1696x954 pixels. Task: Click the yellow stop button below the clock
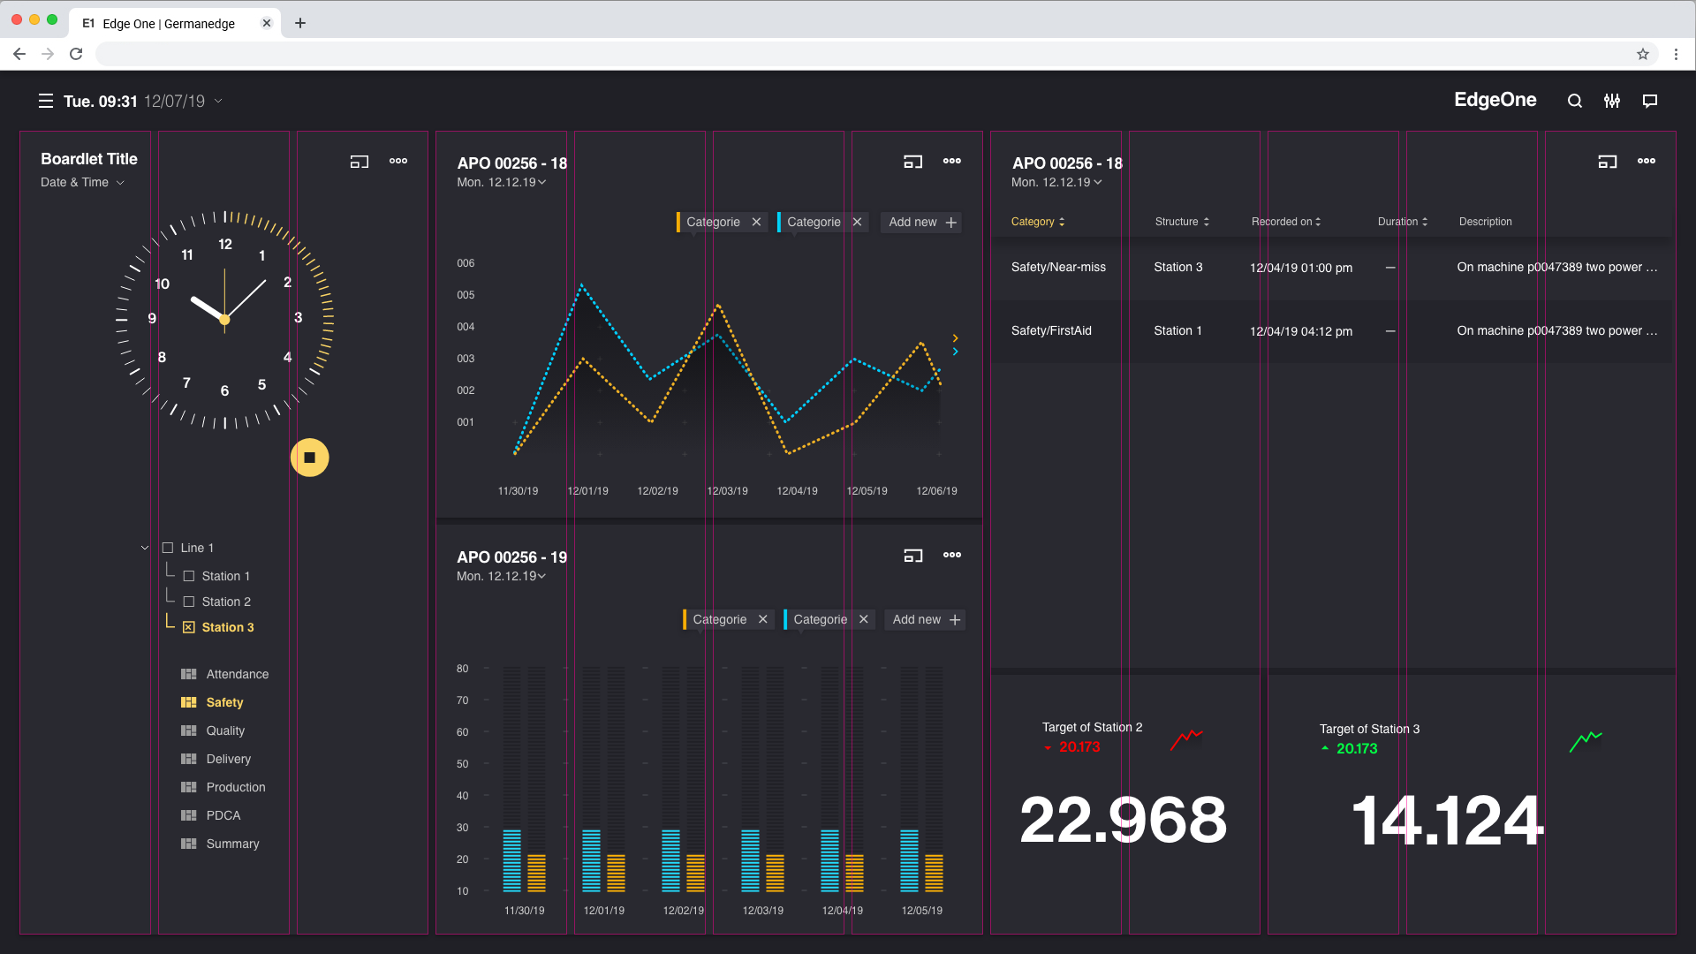309,458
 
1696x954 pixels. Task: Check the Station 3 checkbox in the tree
188,627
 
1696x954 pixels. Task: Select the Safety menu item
224,702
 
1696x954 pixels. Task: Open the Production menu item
235,787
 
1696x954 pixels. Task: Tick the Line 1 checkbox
168,548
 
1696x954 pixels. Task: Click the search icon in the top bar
1574,101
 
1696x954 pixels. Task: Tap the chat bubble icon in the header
1649,101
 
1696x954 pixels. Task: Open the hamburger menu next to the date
46,101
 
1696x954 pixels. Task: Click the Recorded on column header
1285,222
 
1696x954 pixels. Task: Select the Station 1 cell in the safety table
1177,330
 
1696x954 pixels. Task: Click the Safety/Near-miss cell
1058,267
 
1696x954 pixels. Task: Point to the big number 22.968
1123,820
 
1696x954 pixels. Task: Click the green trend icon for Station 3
1586,740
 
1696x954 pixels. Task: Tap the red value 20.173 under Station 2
1079,747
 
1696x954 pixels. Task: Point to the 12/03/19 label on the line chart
727,491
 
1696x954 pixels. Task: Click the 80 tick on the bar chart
463,669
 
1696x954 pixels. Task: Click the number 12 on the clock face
225,244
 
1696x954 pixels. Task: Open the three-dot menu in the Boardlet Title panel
398,161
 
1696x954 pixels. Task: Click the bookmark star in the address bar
1642,54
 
